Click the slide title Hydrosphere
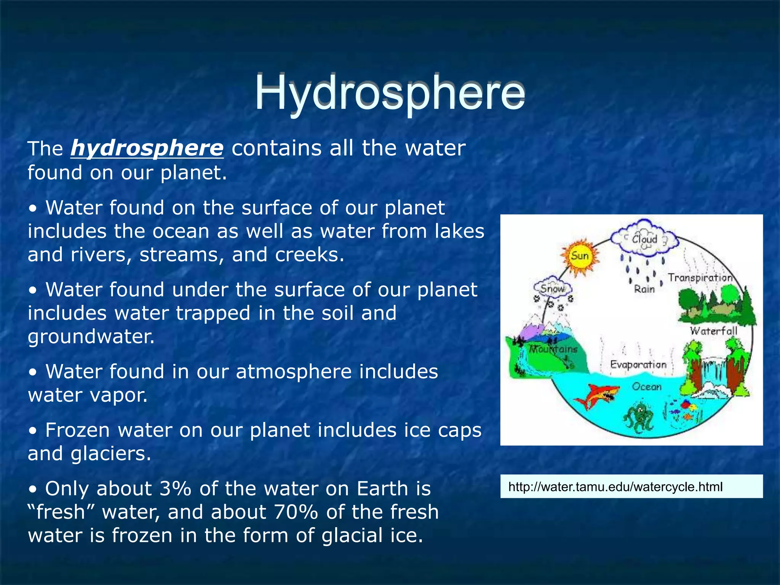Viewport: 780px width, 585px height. click(x=389, y=93)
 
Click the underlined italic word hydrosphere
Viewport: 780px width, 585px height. click(x=147, y=148)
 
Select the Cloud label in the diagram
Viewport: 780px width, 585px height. click(x=644, y=240)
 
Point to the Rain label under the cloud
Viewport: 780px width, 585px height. click(x=644, y=289)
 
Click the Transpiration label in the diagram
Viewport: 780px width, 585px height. click(x=700, y=278)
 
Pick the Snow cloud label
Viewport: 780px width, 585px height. click(x=552, y=289)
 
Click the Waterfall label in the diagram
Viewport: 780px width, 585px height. click(x=714, y=331)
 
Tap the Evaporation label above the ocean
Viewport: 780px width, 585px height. click(x=638, y=364)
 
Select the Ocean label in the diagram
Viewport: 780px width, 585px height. click(x=647, y=387)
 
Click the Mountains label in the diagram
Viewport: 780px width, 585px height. click(x=554, y=349)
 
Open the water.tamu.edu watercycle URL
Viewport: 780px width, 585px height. click(x=615, y=487)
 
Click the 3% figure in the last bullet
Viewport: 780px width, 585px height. click(x=175, y=489)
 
